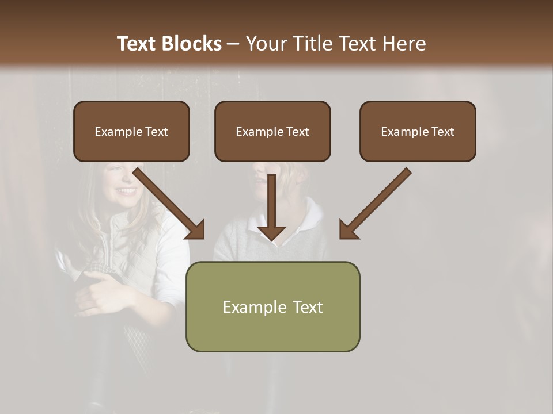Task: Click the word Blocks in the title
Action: click(x=193, y=44)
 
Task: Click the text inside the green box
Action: click(x=272, y=307)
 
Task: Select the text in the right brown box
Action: click(x=418, y=132)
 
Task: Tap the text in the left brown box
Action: click(x=131, y=132)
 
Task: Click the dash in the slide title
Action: click(x=233, y=44)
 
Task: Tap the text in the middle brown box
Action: click(x=272, y=132)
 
